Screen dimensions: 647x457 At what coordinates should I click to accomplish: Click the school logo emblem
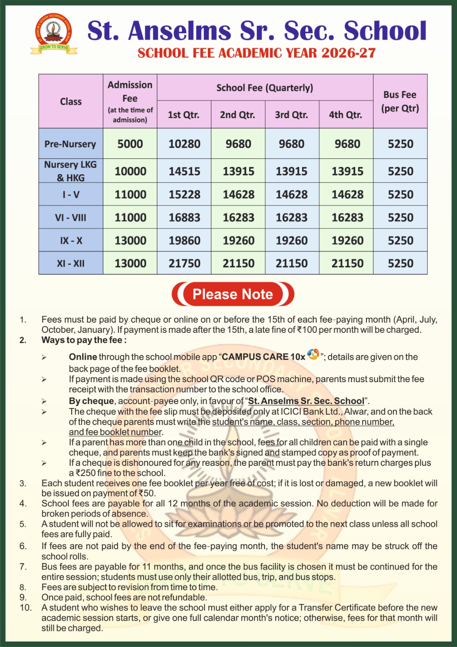[54, 33]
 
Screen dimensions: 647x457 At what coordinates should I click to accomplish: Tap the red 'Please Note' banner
[233, 294]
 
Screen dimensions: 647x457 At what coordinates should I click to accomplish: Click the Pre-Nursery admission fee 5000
[130, 144]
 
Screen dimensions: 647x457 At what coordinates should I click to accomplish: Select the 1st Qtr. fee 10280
[184, 144]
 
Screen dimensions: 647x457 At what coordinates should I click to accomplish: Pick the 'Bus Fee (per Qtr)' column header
[400, 101]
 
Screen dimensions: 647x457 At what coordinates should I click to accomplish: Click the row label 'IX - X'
[71, 241]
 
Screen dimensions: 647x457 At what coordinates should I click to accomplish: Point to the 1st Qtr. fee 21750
[184, 264]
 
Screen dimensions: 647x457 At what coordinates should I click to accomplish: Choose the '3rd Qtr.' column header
[291, 115]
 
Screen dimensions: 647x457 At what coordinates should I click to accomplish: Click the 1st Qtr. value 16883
[184, 218]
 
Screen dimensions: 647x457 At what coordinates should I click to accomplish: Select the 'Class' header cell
[71, 101]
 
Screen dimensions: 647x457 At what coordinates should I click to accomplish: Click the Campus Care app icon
[313, 355]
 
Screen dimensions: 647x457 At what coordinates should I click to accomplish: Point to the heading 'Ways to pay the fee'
[84, 340]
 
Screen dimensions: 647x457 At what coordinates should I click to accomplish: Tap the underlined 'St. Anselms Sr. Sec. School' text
[306, 401]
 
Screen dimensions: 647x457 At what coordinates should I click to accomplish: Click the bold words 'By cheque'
[91, 401]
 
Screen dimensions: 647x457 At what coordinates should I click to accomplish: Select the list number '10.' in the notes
[25, 608]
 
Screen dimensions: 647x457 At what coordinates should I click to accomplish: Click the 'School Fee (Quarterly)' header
[264, 88]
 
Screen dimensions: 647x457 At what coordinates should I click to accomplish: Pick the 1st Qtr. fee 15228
[184, 195]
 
